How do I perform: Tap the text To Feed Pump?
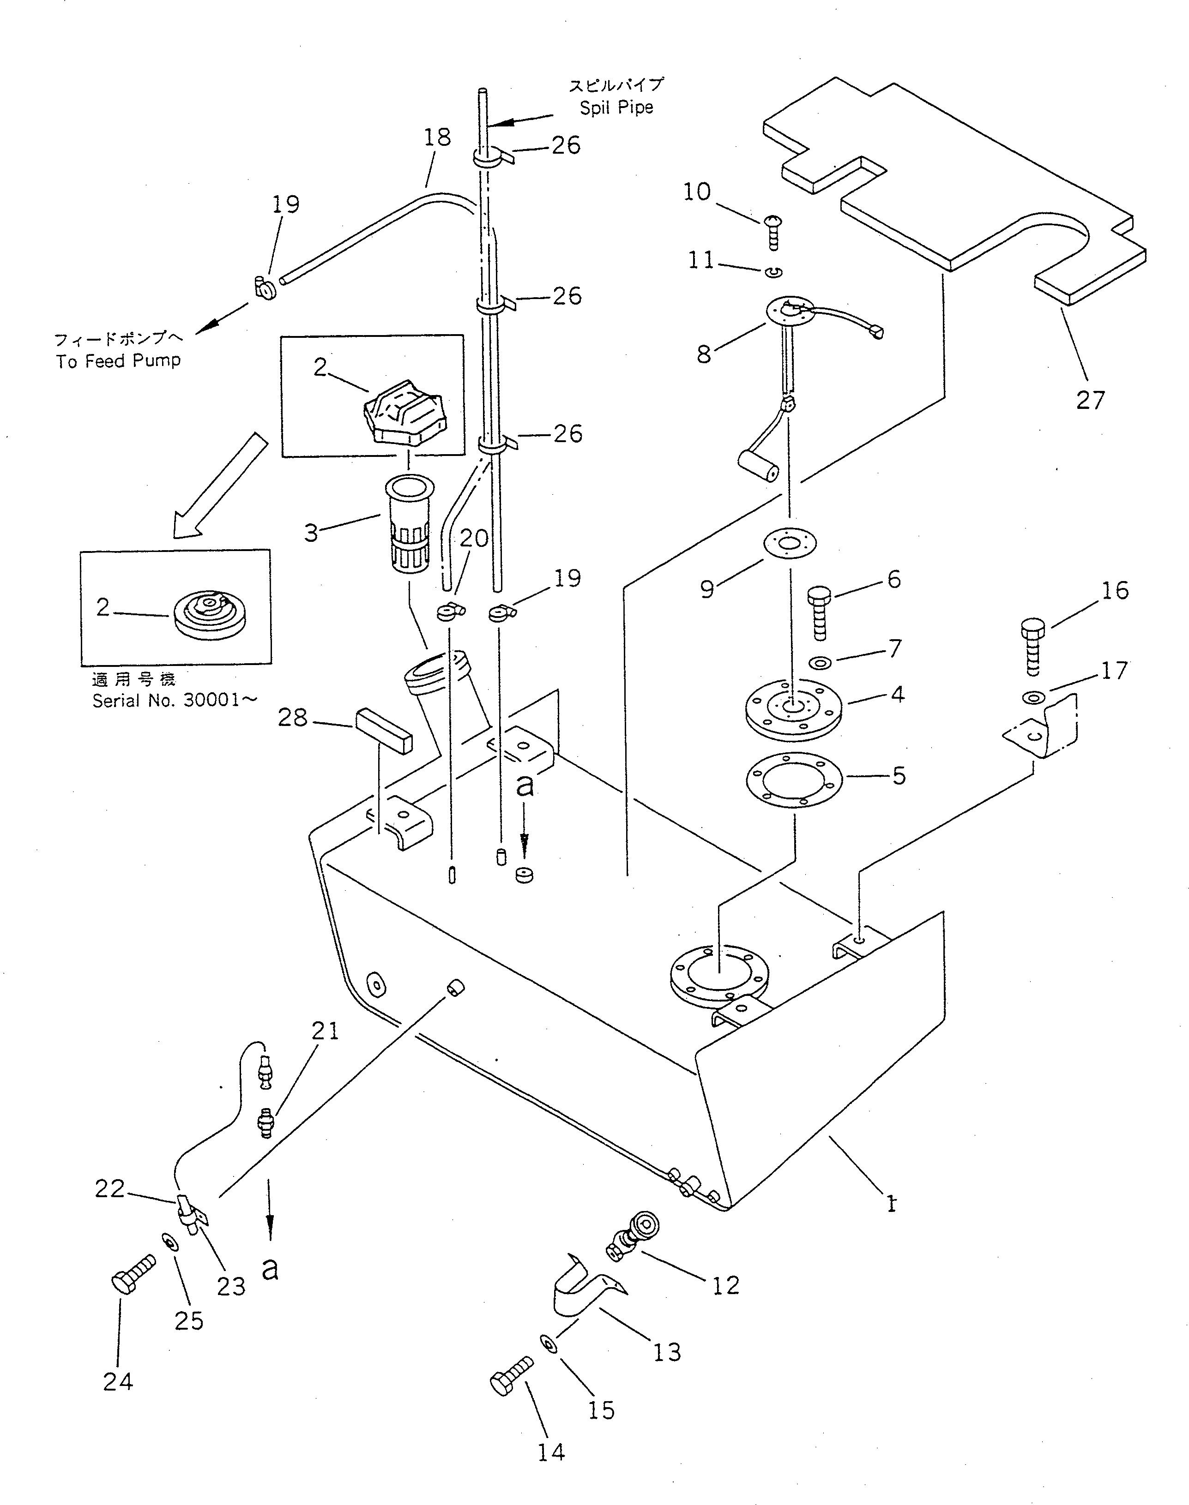pos(118,360)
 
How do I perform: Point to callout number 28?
pos(292,717)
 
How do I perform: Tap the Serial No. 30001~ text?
pos(175,700)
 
